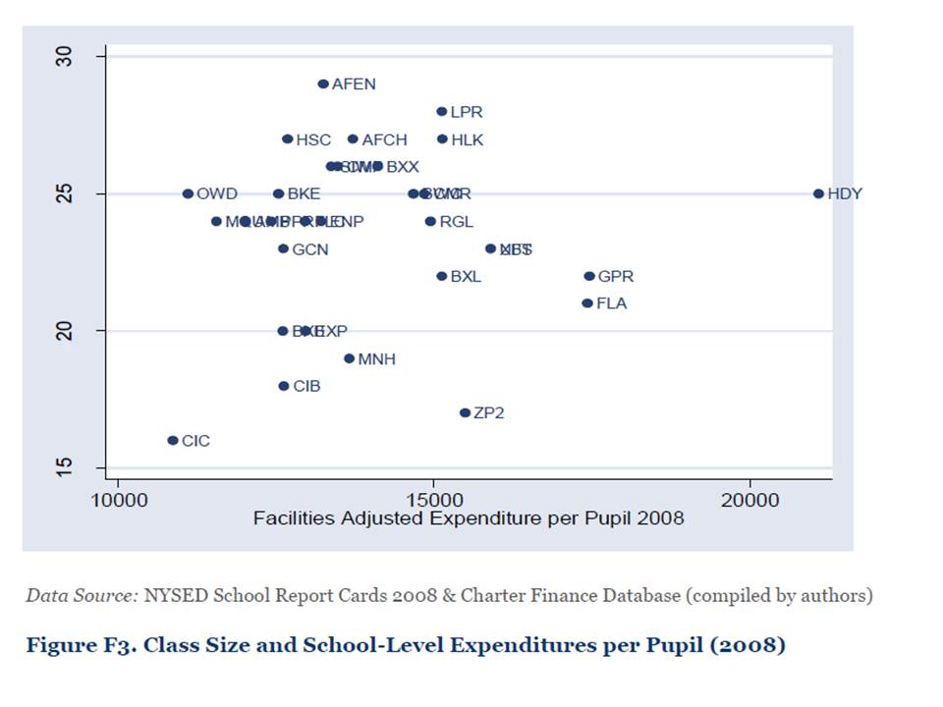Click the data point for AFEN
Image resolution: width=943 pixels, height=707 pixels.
pos(323,84)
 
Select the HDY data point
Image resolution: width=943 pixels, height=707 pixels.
pos(818,193)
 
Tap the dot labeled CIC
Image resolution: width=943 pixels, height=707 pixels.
pos(173,441)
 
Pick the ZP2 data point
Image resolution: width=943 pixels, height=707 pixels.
pos(466,413)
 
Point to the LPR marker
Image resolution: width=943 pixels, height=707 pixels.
pos(442,112)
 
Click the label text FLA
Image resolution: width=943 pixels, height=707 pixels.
pos(611,303)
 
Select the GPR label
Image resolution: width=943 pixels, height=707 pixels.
pos(616,276)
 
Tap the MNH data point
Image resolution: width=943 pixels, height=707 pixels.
pos(349,358)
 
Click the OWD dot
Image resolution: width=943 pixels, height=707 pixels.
pos(188,193)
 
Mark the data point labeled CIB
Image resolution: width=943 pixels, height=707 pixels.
pos(284,386)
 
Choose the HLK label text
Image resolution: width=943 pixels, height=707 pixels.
pos(468,139)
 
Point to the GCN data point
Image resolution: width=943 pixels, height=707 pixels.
pos(284,248)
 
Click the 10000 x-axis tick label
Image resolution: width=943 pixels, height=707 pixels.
pos(118,500)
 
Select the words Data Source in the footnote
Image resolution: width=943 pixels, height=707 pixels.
pos(83,595)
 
